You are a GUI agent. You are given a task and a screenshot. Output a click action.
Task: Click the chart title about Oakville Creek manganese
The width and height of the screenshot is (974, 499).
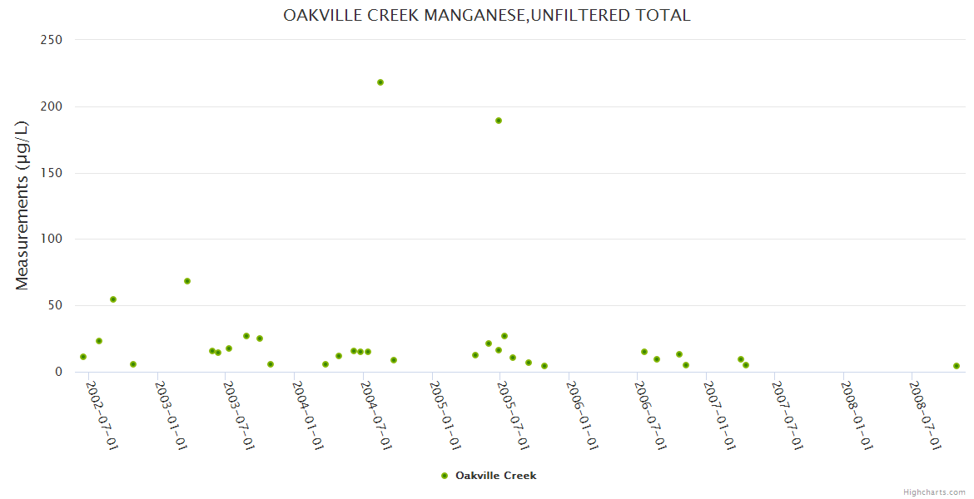point(486,15)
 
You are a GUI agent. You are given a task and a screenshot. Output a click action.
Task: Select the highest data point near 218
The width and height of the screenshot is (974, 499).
point(380,82)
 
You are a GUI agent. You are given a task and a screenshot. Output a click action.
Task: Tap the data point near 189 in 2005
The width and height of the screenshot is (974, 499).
point(499,121)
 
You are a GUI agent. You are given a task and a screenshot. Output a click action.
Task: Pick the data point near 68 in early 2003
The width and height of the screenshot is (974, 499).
point(187,281)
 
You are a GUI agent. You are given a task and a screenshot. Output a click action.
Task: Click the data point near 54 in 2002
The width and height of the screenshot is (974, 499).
point(113,299)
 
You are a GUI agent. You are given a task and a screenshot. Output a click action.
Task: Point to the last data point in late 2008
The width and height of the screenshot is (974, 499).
point(957,366)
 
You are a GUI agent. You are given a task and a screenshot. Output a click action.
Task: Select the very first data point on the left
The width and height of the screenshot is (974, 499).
point(83,357)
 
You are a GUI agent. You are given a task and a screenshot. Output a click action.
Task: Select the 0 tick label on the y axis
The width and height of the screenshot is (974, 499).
point(59,372)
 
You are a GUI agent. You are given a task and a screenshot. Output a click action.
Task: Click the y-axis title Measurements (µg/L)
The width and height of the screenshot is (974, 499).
point(22,205)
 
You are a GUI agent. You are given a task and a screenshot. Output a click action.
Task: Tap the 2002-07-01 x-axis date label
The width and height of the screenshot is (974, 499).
point(102,415)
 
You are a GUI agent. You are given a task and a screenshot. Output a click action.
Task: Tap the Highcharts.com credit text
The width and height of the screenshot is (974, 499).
point(934,492)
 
